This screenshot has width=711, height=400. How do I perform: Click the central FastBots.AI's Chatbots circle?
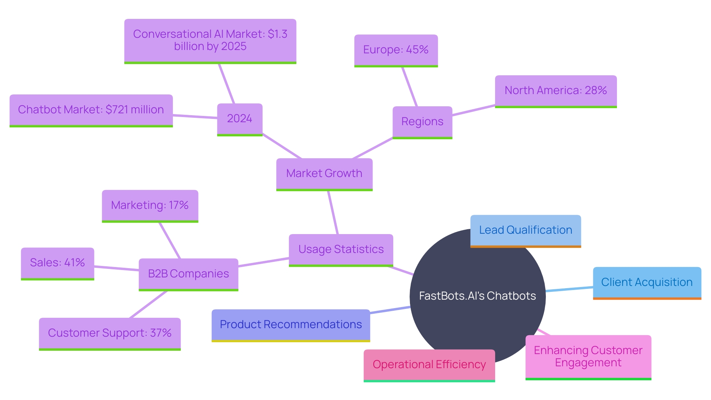pos(477,296)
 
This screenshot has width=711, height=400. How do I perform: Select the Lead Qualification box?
pos(525,230)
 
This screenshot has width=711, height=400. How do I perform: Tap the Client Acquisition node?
pos(647,282)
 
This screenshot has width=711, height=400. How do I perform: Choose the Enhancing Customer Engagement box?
pos(588,356)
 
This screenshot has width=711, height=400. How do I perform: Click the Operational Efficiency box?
pos(429,365)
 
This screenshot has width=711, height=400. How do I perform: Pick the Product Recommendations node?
pos(291,325)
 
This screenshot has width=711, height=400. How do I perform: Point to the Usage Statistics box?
pos(341,249)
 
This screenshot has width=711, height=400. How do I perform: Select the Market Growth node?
pos(324,174)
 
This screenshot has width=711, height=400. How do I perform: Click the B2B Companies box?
pos(188,274)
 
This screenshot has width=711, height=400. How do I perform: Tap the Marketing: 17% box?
pos(150,205)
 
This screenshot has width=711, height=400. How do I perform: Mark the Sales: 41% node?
pos(57,263)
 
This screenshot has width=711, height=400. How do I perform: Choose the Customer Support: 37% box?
pos(110,333)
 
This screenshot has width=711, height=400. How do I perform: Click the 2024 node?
pos(240,119)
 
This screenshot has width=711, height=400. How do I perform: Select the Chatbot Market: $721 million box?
pos(91,110)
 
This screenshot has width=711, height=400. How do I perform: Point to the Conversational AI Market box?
pos(210,40)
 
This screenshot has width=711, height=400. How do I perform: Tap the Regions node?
pos(422,122)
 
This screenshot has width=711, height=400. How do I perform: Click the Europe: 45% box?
pos(396,50)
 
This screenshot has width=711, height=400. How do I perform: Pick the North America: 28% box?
pos(555,91)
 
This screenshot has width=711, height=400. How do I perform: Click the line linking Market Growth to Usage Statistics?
pos(333,213)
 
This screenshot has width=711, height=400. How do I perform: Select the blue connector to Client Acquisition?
pos(570,289)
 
